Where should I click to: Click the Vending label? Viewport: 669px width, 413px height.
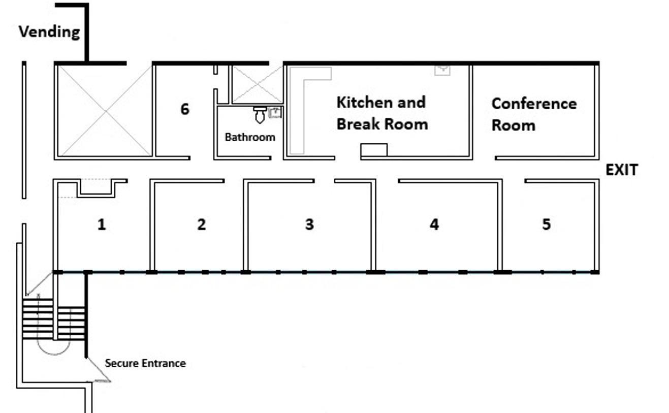49,32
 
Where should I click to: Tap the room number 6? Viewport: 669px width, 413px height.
185,109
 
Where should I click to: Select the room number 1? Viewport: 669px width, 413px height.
102,224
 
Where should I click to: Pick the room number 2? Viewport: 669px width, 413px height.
202,224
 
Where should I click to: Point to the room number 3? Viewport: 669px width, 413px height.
309,224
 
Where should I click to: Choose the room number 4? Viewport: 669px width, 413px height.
434,224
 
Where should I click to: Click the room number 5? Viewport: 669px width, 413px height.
546,224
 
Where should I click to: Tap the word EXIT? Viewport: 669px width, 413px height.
622,170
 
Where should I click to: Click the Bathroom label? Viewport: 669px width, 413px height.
250,137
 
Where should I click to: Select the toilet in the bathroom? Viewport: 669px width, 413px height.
260,115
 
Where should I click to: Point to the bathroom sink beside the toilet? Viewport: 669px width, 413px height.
275,113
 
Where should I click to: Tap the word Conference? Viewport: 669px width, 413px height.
534,104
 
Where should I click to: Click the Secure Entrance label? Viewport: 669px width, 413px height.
145,363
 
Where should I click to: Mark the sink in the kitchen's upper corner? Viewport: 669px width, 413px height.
442,71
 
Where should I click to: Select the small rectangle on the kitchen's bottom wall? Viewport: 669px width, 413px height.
374,150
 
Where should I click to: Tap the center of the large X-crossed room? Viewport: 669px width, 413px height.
106,111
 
